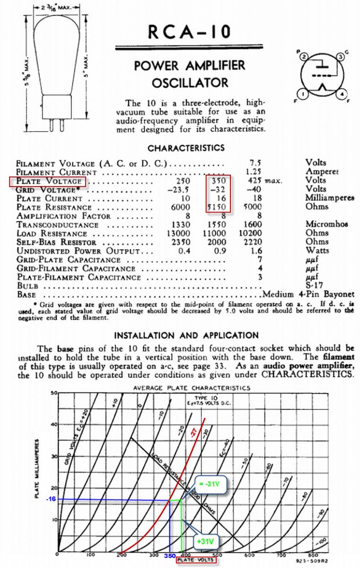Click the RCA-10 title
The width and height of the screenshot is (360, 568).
click(189, 33)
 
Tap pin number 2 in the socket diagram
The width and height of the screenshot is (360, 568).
click(304, 56)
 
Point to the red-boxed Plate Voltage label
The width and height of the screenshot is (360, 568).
click(48, 181)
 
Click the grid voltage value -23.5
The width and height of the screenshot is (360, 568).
click(181, 189)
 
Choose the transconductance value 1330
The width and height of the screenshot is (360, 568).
click(181, 225)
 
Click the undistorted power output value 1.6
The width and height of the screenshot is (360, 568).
click(257, 251)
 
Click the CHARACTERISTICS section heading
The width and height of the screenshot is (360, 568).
click(186, 148)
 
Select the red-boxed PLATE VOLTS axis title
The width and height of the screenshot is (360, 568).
click(195, 560)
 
